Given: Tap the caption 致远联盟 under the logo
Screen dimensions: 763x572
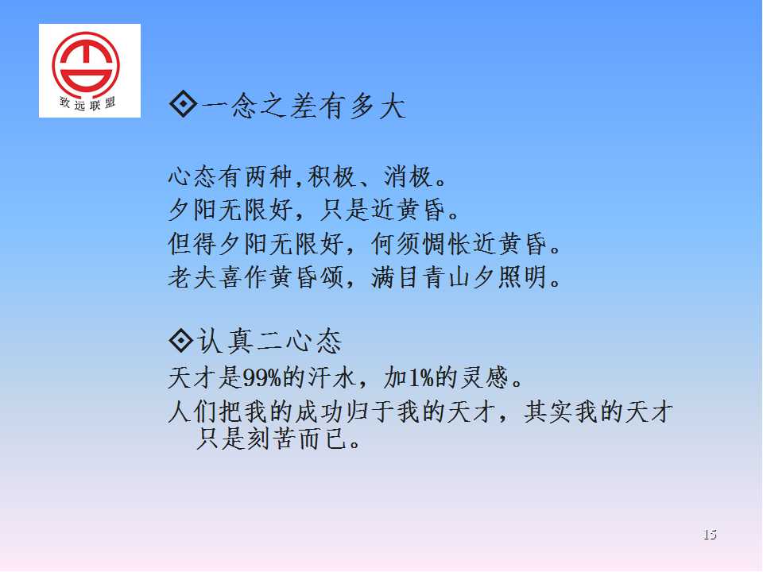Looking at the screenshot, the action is pos(87,103).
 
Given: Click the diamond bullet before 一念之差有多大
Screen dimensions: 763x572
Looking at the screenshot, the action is pos(183,103).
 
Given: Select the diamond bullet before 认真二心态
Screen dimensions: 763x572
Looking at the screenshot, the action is pos(181,340).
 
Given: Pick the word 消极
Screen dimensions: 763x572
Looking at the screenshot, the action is pos(408,176).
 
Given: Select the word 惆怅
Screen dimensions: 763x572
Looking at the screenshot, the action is pos(446,244).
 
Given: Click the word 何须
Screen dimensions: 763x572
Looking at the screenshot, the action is pos(396,244).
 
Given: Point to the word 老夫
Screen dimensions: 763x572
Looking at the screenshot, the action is pos(192,277).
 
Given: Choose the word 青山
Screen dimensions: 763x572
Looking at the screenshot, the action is pos(446,277).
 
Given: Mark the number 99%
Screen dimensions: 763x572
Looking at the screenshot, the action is pos(262,378).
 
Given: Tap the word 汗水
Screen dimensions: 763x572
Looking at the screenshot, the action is pos(333,378).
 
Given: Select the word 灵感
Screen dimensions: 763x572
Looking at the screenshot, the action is pos(484,378).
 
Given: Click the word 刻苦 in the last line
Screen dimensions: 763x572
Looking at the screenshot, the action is pos(270,439).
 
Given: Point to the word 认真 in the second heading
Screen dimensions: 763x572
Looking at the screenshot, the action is pos(225,341).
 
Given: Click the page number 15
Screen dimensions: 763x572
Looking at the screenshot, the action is pos(710,535).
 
